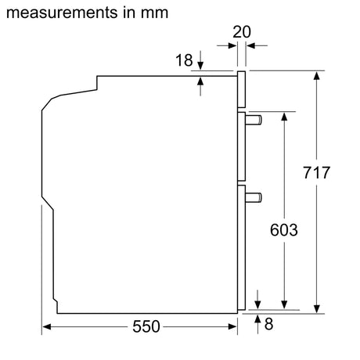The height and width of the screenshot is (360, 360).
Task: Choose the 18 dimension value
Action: point(183,59)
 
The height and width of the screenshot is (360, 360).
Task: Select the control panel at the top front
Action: point(243,91)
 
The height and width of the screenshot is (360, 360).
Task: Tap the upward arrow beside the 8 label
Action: point(259,319)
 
